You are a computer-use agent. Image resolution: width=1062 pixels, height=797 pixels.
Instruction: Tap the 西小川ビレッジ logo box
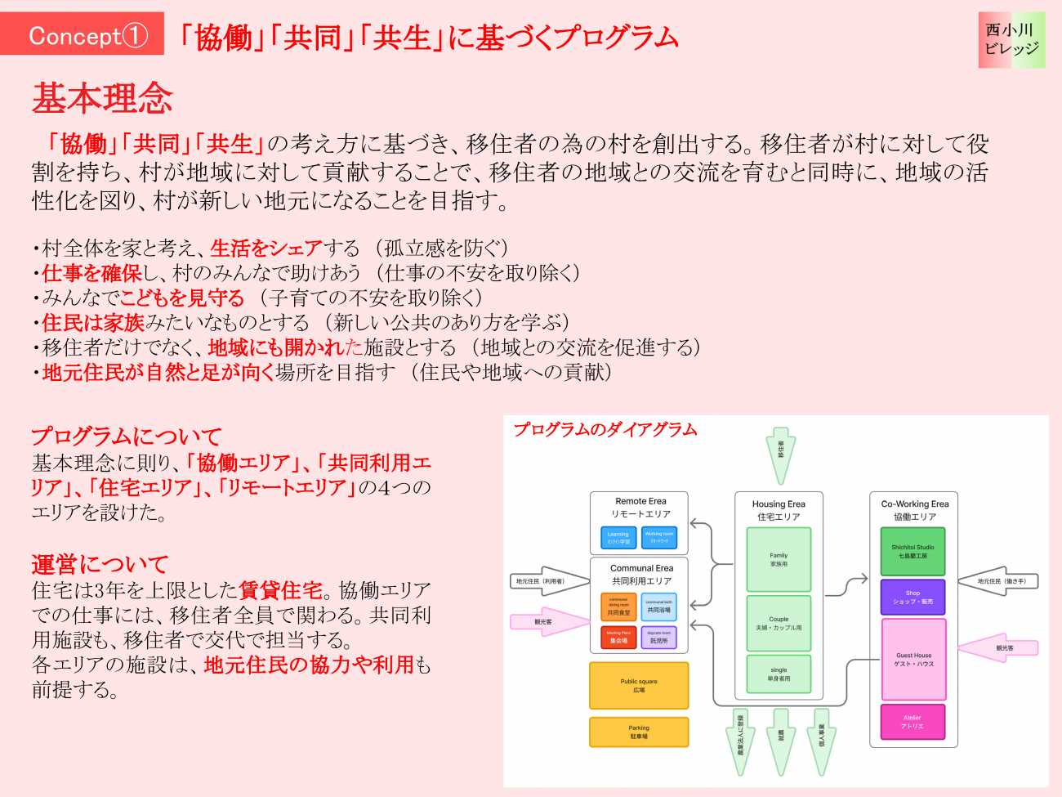1011,39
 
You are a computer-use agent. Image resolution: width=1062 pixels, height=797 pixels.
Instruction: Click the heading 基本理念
102,99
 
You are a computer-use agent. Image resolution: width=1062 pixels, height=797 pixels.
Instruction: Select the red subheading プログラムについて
127,437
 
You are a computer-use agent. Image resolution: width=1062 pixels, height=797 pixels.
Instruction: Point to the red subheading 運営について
100,564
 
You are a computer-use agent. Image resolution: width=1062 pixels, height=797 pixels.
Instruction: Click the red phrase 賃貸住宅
281,589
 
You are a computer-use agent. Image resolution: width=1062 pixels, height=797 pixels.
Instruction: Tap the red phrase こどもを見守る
182,298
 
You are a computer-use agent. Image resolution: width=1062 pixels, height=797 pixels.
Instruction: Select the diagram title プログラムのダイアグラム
605,430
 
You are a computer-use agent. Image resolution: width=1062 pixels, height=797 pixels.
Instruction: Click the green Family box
779,559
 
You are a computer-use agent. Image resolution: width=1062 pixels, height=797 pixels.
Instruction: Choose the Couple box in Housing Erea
779,623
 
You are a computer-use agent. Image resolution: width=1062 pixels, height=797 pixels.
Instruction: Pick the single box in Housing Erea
779,674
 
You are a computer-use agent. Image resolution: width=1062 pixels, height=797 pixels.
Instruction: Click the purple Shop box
913,597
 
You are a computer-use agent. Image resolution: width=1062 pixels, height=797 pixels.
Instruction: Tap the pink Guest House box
913,659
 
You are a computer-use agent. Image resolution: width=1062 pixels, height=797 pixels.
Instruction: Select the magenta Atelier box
913,722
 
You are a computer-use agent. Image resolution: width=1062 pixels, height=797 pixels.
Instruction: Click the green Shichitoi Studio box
913,551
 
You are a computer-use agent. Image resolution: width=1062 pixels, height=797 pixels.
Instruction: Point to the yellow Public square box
639,685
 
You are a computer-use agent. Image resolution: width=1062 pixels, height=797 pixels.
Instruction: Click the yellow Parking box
639,732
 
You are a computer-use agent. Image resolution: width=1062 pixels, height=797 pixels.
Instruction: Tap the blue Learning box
618,538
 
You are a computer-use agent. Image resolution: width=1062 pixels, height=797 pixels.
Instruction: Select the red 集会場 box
618,637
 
